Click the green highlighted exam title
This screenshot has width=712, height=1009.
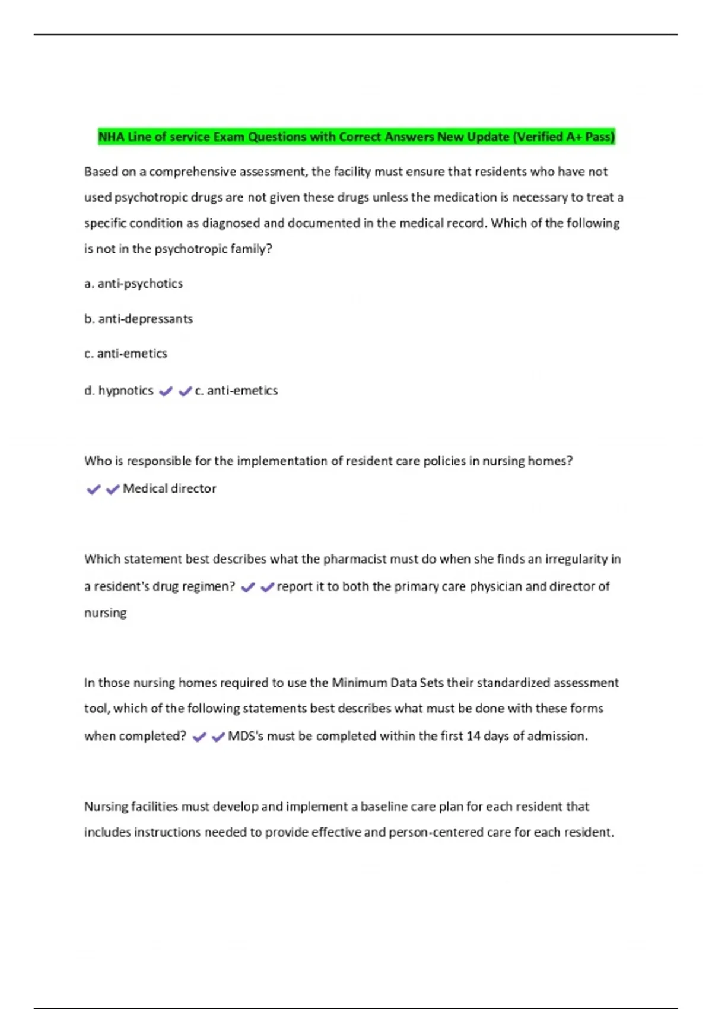[356, 137]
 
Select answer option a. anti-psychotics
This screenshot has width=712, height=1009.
[133, 284]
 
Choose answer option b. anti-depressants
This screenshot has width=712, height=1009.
[139, 319]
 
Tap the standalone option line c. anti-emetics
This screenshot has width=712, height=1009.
[126, 354]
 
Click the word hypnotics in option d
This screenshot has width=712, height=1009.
[126, 391]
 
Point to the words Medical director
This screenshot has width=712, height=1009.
[169, 488]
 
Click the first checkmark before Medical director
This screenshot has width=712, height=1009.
[93, 490]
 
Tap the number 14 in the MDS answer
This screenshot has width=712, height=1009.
[473, 736]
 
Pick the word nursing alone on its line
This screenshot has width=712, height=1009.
[106, 613]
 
